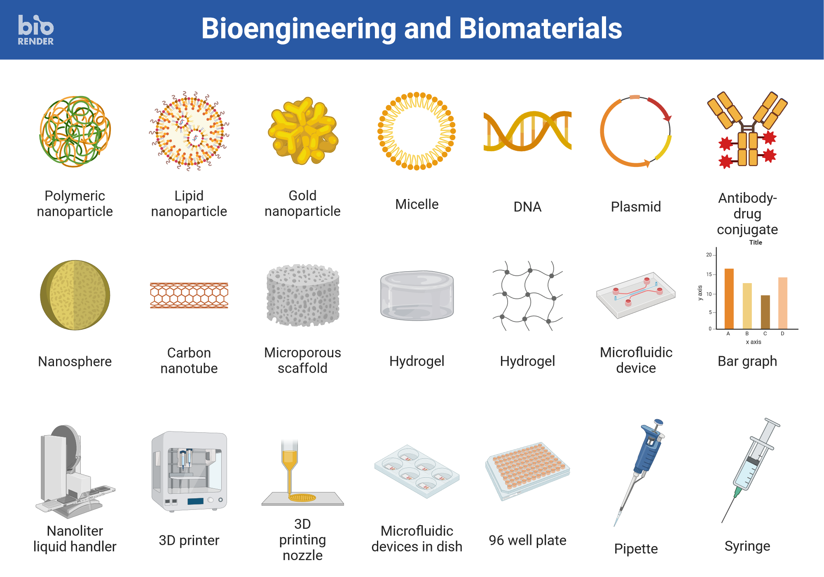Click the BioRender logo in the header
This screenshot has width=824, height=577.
36,30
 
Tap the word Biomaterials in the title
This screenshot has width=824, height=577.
540,28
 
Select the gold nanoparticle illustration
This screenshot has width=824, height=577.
303,130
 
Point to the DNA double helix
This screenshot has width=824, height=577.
527,131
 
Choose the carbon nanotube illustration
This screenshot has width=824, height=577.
189,296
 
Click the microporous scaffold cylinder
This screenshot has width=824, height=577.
303,295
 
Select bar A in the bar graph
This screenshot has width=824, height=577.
729,299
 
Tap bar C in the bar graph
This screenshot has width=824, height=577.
765,312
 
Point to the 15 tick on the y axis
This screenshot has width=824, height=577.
709,274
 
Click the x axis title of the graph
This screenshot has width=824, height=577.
754,342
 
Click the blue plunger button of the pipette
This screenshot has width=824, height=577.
658,422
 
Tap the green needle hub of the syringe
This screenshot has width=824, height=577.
737,492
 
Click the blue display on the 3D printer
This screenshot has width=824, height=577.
195,501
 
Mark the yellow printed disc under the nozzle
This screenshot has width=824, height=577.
302,497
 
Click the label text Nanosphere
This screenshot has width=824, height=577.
75,361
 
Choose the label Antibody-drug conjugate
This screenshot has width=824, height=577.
747,214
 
